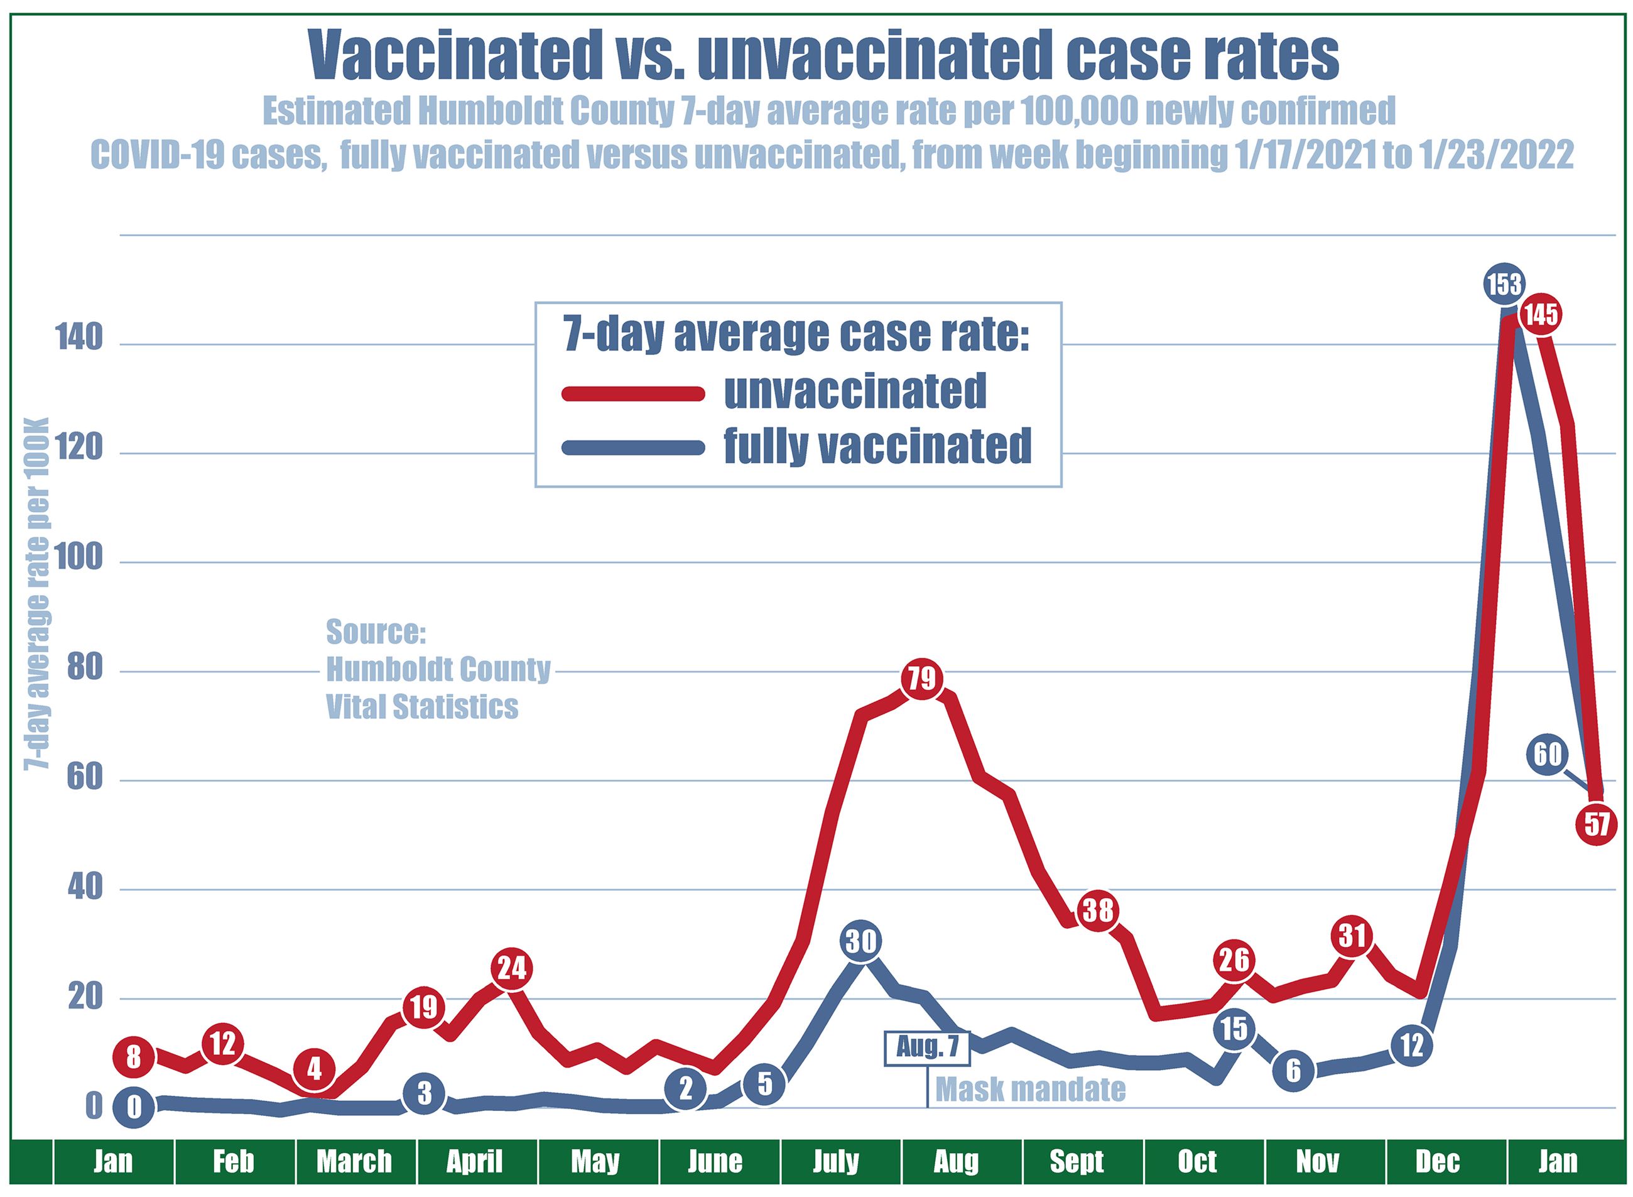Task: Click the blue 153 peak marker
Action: coord(1504,285)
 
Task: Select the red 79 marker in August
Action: coord(922,679)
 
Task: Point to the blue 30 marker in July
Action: coord(861,941)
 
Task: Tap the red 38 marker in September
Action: coord(1097,910)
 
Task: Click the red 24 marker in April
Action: coord(512,968)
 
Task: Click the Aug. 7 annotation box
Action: coord(928,1047)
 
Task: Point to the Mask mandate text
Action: coord(1031,1089)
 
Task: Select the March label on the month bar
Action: coord(354,1161)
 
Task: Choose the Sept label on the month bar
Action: coord(1077,1161)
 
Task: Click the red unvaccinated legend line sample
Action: coord(633,393)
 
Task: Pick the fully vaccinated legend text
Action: coord(877,446)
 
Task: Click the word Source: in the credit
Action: coord(375,632)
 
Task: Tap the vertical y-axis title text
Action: coord(36,594)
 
